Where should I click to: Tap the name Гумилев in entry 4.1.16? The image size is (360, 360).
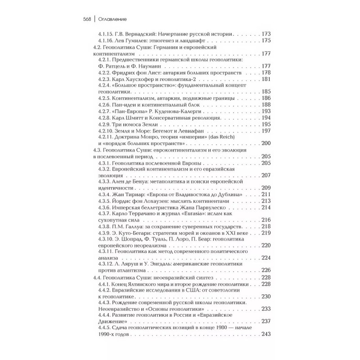click(135, 40)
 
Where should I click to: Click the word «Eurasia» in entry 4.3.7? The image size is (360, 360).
click(196, 214)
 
